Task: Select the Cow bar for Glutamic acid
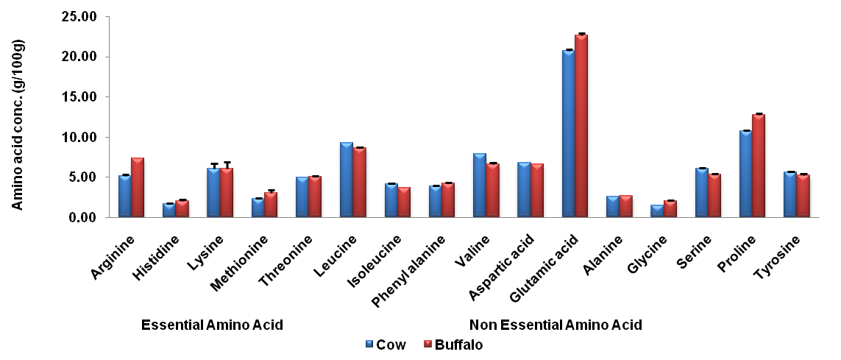coord(568,133)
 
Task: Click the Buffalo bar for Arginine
coord(138,188)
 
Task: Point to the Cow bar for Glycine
coord(657,211)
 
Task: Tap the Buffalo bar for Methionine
coord(271,205)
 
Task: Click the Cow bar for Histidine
coord(168,211)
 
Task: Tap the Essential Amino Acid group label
coord(212,325)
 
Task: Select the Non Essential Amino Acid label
coord(556,325)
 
